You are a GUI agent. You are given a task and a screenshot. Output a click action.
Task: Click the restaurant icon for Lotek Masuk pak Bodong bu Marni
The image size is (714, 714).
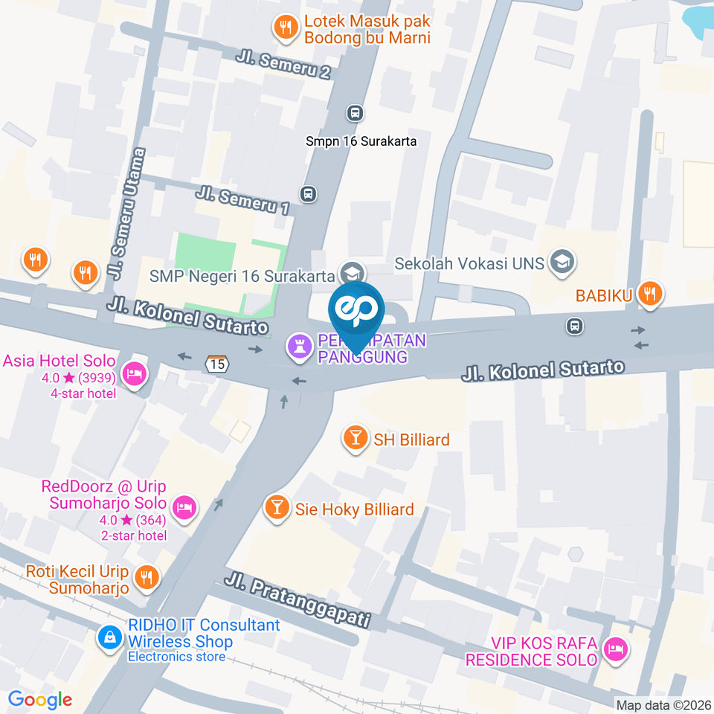tap(285, 28)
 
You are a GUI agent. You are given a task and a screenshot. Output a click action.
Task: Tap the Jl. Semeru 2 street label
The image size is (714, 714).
tap(283, 65)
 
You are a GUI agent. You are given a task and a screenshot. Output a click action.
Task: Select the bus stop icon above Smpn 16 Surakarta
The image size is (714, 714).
tap(356, 113)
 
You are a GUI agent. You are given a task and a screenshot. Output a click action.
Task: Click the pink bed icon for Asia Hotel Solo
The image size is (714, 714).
tap(134, 373)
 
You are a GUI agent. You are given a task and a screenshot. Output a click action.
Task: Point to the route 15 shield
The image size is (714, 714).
tap(217, 364)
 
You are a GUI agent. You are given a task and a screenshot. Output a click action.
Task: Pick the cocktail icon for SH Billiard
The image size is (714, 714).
tap(356, 439)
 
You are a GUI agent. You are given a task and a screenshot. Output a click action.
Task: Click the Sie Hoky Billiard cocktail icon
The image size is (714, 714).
tap(277, 509)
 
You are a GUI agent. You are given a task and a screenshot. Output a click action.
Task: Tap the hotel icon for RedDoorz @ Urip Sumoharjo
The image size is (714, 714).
tap(184, 509)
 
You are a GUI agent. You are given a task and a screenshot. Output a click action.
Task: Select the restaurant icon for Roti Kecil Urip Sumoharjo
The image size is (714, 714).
tap(147, 577)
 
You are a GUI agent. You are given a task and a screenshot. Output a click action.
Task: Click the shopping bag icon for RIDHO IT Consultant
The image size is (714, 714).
tap(110, 637)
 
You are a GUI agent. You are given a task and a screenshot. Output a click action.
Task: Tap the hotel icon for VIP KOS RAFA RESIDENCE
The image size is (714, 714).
tap(616, 650)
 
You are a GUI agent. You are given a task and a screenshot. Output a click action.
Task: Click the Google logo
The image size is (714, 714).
tap(39, 699)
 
